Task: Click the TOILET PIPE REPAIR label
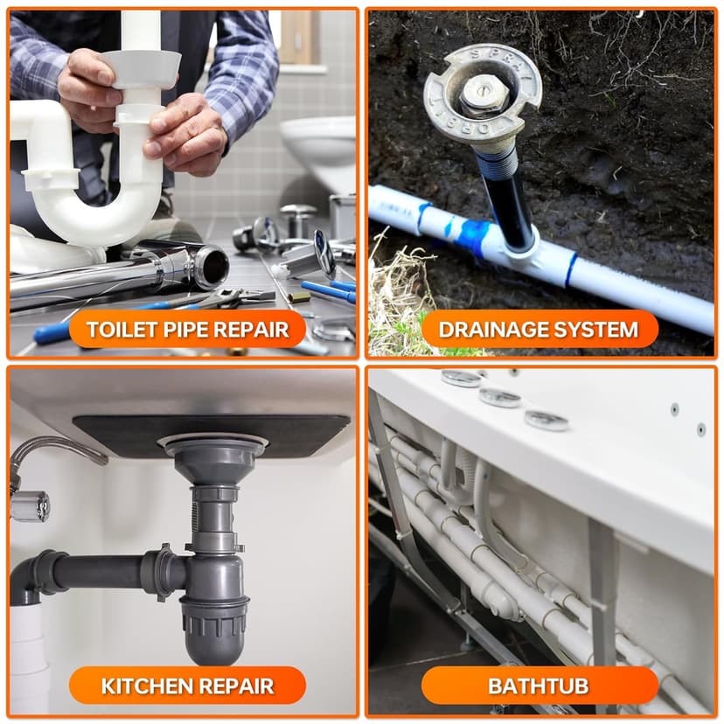187,330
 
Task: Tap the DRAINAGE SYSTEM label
540,330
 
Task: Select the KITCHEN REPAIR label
187,686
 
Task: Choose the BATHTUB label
540,686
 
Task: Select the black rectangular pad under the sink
211,435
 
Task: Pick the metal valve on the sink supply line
30,506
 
